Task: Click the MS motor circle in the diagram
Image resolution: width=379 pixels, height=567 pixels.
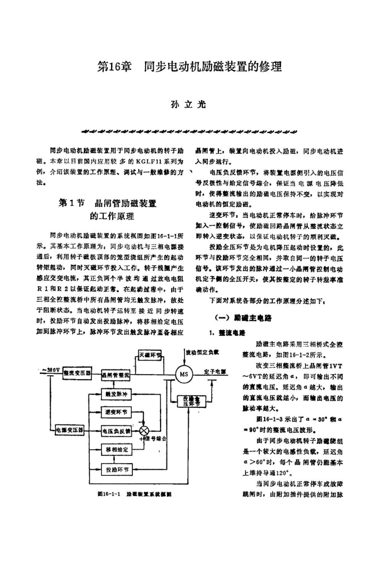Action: click(184, 373)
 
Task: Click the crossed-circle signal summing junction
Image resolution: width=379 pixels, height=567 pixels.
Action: click(144, 430)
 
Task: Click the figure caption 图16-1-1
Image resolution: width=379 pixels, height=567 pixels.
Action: click(111, 494)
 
